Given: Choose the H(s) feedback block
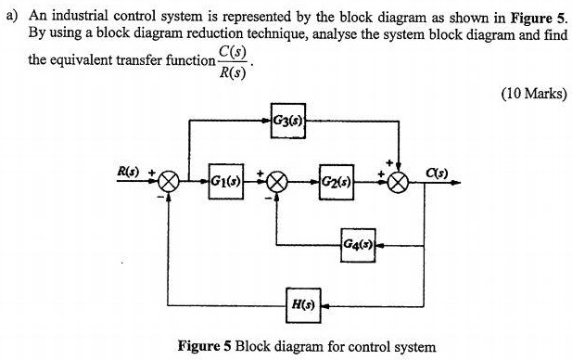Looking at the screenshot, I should coord(302,302).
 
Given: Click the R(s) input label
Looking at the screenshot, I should coord(127,171).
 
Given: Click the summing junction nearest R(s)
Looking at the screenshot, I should coord(169,182).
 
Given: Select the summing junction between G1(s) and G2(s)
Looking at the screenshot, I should coord(277,182).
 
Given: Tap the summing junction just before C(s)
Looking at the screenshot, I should coord(399,182).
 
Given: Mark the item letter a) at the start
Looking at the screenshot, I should coord(12,17).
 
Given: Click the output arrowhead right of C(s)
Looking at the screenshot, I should coord(457,182).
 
